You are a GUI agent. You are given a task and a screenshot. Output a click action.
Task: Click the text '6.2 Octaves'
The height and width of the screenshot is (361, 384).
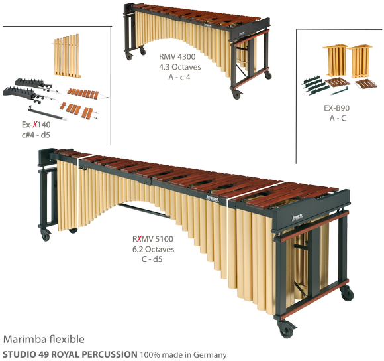[152, 249]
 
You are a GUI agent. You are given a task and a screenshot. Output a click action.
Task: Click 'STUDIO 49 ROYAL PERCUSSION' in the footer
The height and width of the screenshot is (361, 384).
[70, 354]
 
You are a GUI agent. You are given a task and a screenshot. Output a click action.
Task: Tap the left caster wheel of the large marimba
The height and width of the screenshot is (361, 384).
[45, 234]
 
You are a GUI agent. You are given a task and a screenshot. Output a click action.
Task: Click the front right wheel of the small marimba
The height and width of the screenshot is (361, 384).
[236, 93]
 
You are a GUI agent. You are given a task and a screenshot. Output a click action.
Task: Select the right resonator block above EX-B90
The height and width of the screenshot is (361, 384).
[361, 60]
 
